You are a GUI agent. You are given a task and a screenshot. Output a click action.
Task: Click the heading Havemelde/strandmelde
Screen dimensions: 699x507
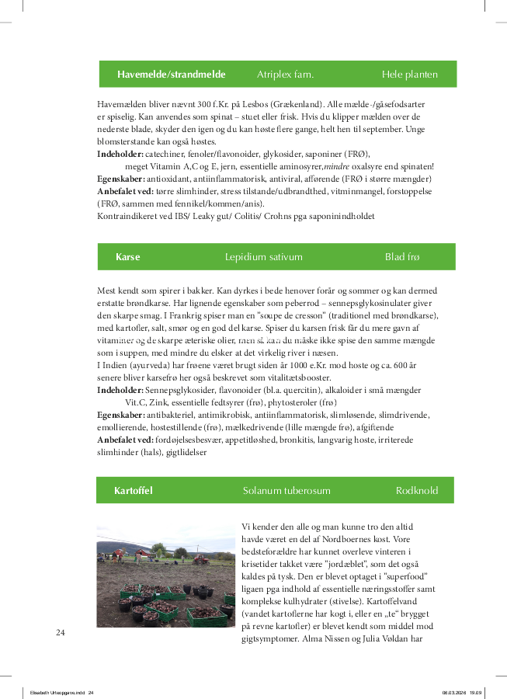171,75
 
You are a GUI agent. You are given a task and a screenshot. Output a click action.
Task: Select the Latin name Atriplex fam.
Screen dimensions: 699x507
285,75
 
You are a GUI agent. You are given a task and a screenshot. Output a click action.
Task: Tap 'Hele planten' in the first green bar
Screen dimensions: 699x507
409,75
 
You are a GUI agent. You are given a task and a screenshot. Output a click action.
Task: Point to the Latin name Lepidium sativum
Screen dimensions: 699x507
263,257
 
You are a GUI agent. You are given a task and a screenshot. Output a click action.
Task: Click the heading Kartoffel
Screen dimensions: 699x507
133,491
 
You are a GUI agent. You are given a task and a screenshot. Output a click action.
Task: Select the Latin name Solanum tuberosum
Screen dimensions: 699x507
286,491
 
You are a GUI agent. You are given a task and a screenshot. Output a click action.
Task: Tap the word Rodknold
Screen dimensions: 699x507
417,491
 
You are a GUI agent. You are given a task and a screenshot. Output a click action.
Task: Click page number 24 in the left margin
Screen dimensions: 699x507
61,632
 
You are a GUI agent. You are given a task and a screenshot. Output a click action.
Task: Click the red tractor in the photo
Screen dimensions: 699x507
200,557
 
